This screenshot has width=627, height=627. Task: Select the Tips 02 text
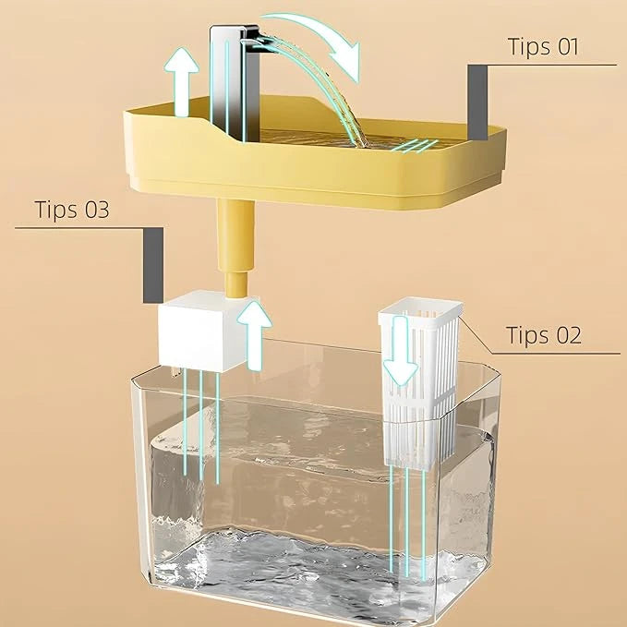pos(545,334)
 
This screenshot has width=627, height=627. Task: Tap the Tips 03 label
pos(72,209)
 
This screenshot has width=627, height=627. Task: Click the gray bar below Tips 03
pos(152,264)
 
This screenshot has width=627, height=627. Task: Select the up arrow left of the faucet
pos(186,87)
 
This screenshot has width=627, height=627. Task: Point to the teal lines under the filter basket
pos(407,517)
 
